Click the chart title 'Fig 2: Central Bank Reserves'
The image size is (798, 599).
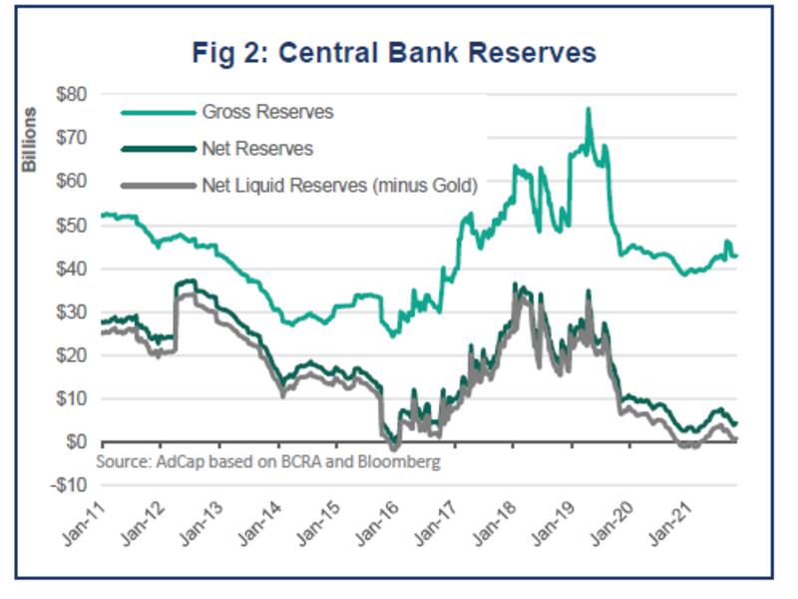pyautogui.click(x=394, y=52)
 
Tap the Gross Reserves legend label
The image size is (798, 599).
pyautogui.click(x=267, y=112)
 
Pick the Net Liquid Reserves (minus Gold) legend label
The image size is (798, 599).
pyautogui.click(x=339, y=185)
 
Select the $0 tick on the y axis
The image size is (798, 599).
pyautogui.click(x=75, y=442)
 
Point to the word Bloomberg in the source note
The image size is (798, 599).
pyautogui.click(x=405, y=463)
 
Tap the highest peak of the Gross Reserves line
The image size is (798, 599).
pyautogui.click(x=589, y=109)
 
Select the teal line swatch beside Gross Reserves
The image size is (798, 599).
pyautogui.click(x=156, y=113)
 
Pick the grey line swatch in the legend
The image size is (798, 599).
pyautogui.click(x=156, y=186)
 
